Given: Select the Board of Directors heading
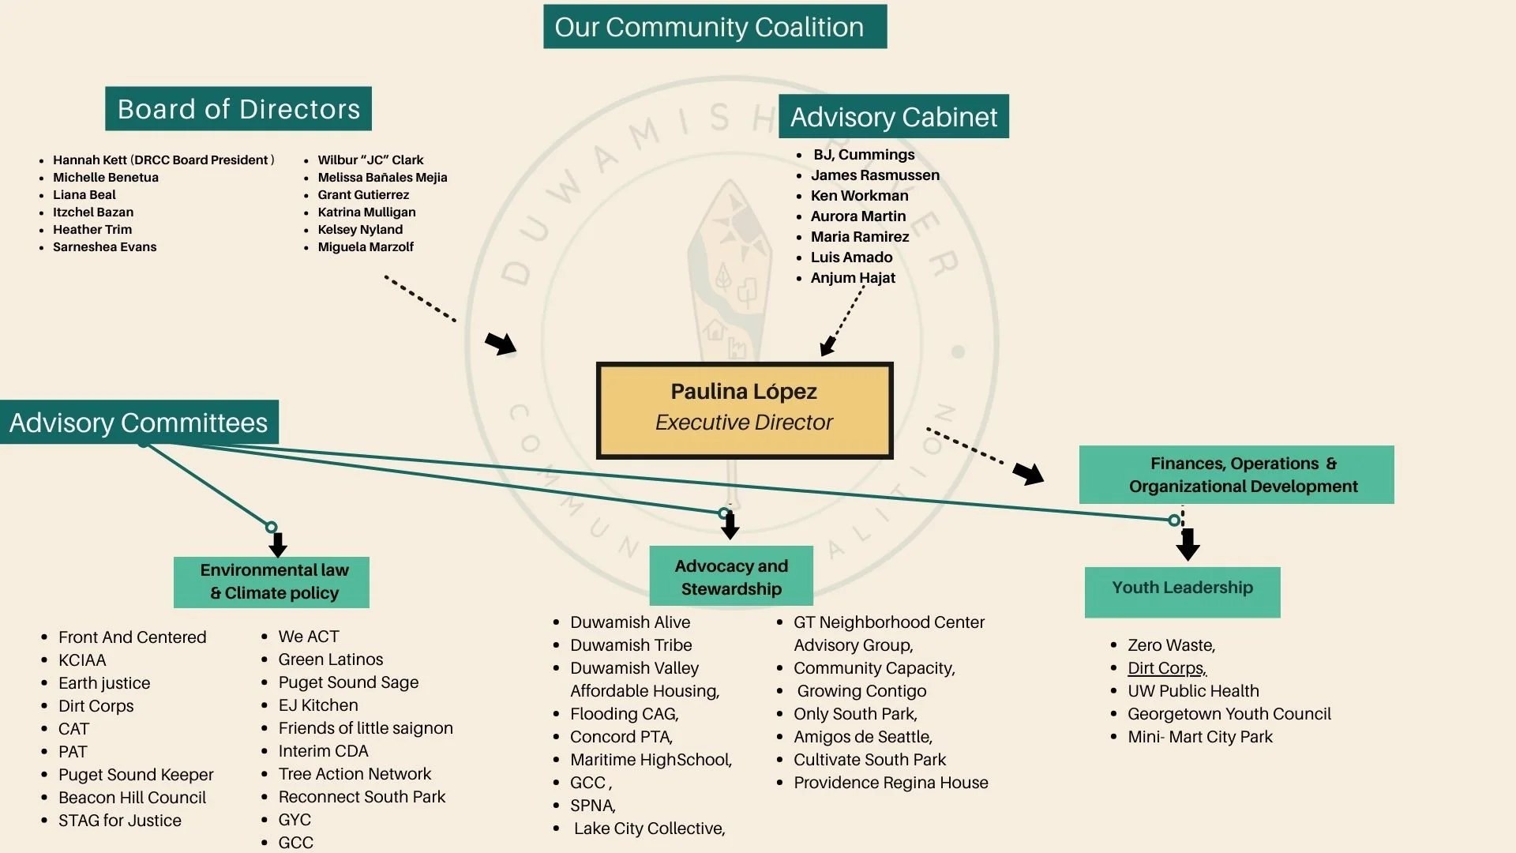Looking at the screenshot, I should tap(238, 109).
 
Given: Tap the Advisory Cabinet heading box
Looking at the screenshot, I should tap(893, 117).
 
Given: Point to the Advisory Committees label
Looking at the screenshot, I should tap(139, 423).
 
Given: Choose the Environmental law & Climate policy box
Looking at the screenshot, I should tap(272, 582).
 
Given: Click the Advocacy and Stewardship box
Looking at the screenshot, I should tap(731, 577).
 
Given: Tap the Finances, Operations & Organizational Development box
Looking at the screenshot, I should tap(1236, 475).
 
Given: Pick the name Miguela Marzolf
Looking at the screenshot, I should tap(366, 247).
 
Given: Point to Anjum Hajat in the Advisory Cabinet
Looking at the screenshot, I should tap(853, 278).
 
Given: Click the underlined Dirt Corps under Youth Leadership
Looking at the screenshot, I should tap(1166, 668).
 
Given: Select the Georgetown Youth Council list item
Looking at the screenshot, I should tap(1229, 714).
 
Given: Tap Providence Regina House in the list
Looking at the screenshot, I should tap(891, 783).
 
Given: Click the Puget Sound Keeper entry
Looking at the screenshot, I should tap(136, 775).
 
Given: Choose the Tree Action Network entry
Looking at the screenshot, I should tap(355, 774).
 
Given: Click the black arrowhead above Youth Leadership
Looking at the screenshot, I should tap(1188, 545).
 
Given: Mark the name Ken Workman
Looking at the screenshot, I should tap(859, 196).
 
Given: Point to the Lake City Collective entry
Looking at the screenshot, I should tap(649, 829).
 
